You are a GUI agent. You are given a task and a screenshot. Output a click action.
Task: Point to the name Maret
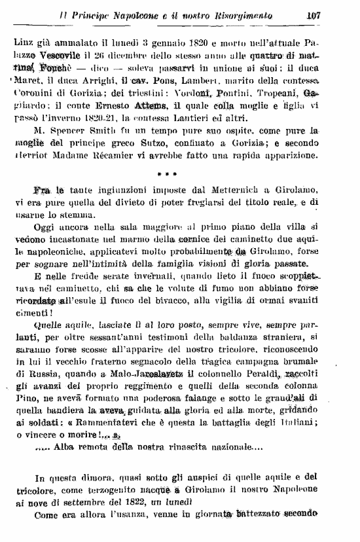26,82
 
